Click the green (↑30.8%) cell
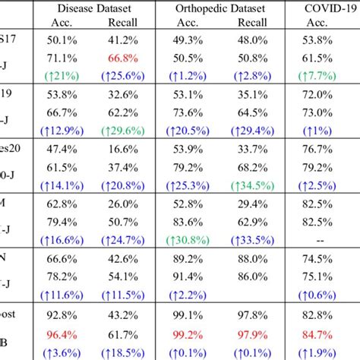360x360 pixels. [185, 241]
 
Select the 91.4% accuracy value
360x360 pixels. [185, 277]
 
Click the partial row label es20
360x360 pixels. [13, 150]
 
